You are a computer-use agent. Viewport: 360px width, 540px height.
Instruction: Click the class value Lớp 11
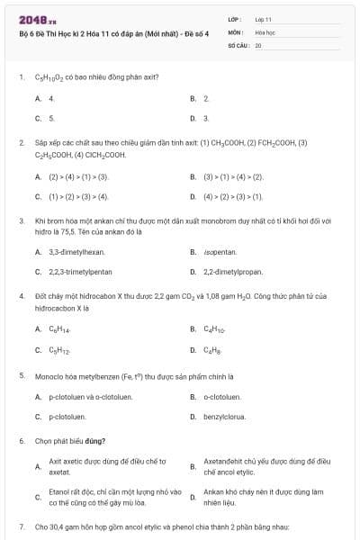pyautogui.click(x=263, y=18)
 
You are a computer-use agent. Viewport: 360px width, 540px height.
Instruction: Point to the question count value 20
pyautogui.click(x=258, y=43)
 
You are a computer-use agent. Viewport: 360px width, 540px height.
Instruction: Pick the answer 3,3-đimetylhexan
pyautogui.click(x=76, y=252)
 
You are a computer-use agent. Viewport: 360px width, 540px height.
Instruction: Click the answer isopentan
pyautogui.click(x=220, y=252)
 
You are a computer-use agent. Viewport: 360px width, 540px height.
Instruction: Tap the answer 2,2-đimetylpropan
pyautogui.click(x=232, y=271)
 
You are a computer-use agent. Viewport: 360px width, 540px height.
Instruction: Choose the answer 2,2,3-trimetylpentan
pyautogui.click(x=80, y=271)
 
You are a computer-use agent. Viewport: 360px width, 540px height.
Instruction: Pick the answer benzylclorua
pyautogui.click(x=225, y=417)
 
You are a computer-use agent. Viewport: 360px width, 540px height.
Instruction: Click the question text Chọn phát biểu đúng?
pyautogui.click(x=71, y=441)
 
